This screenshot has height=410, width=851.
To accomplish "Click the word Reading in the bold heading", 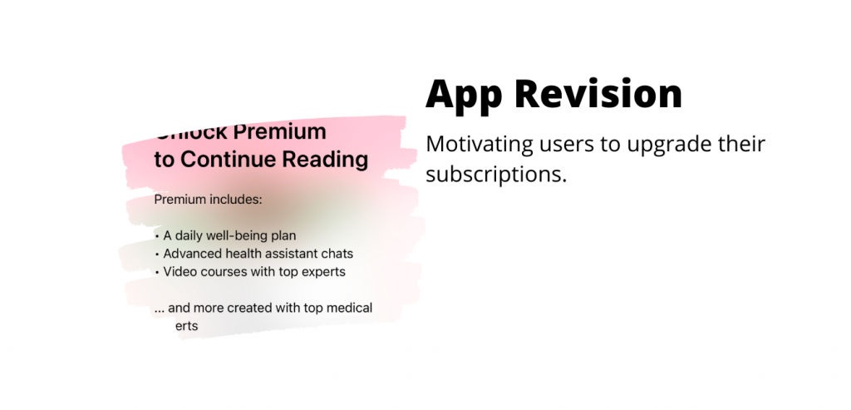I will [325, 159].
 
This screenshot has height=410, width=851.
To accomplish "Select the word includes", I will [235, 200].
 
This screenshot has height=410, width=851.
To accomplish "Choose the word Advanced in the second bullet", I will [192, 254].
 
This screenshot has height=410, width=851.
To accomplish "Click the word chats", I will [338, 254].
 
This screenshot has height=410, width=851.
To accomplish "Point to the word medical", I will [349, 309].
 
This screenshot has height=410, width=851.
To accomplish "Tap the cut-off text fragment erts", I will [187, 327].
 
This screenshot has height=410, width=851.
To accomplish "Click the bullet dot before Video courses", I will [157, 272].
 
